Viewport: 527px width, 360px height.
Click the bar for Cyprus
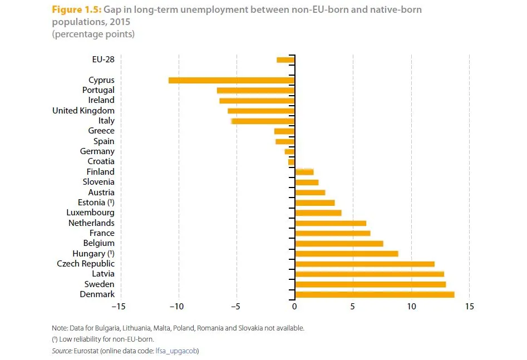tap(232, 80)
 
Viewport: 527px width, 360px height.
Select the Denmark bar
tap(375, 294)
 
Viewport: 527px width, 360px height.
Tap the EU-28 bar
tap(285, 60)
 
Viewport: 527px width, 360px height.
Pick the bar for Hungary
tap(347, 254)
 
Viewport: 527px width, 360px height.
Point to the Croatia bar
tap(292, 161)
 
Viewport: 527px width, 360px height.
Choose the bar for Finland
tap(304, 172)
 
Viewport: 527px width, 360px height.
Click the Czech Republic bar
tap(365, 264)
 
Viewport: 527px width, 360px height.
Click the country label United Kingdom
tap(83, 111)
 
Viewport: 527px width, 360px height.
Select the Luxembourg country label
tap(90, 213)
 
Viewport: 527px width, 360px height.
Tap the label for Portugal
tap(98, 90)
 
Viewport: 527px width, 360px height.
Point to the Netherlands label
tap(91, 223)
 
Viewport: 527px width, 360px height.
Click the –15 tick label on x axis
tap(118, 307)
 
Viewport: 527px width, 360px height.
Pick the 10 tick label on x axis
tap(411, 307)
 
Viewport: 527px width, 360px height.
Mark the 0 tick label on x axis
tap(294, 307)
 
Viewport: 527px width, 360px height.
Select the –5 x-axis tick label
tap(234, 307)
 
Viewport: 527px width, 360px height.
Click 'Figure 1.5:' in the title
tap(76, 10)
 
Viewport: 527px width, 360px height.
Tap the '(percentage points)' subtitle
tap(93, 34)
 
